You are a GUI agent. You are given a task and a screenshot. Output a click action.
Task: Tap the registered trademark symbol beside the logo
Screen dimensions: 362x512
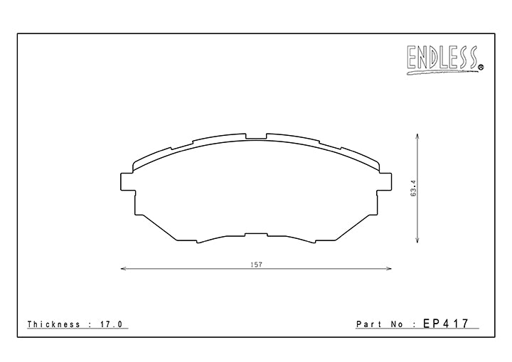point(481,68)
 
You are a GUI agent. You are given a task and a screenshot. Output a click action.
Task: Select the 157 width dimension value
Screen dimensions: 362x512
point(256,265)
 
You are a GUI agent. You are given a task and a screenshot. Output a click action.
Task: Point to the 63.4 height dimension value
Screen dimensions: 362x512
point(412,188)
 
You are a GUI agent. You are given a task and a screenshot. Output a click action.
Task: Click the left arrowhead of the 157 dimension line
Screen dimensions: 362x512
point(124,269)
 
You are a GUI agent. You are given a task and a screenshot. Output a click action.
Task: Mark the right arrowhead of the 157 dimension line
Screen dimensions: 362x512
point(389,269)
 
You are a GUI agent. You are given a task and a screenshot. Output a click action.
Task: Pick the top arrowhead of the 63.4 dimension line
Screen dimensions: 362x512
point(417,139)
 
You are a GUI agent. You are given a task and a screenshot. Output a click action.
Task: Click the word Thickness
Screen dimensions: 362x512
point(54,324)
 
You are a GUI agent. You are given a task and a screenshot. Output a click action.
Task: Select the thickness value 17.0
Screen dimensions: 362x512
point(112,324)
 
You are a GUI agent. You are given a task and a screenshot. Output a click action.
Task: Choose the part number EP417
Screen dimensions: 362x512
point(447,324)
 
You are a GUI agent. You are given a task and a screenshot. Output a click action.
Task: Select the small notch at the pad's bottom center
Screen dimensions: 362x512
point(256,234)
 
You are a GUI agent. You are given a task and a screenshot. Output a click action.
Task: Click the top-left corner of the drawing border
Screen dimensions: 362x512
point(17,33)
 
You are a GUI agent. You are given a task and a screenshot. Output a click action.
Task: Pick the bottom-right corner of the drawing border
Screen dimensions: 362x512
point(494,337)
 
